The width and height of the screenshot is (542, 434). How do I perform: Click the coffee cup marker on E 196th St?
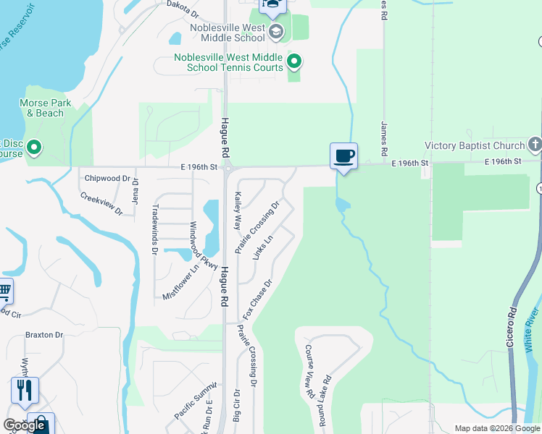(343, 156)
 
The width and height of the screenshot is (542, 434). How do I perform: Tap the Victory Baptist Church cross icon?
(535, 144)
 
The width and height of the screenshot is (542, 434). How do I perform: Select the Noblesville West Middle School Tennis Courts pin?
(293, 61)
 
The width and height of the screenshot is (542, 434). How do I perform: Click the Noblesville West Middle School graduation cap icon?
(275, 31)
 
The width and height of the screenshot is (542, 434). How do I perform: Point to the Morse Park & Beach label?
(45, 108)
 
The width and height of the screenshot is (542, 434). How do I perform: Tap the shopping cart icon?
(4, 292)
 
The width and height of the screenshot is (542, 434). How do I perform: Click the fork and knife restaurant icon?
(25, 390)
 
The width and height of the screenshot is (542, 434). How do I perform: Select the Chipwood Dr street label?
(107, 178)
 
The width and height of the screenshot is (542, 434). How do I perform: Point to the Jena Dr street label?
(135, 192)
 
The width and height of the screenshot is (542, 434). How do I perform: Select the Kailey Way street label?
(237, 210)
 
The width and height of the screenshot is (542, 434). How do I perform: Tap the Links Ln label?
(262, 247)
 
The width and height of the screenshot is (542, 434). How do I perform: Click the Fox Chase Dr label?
(258, 299)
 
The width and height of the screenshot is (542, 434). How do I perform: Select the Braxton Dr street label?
(44, 335)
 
